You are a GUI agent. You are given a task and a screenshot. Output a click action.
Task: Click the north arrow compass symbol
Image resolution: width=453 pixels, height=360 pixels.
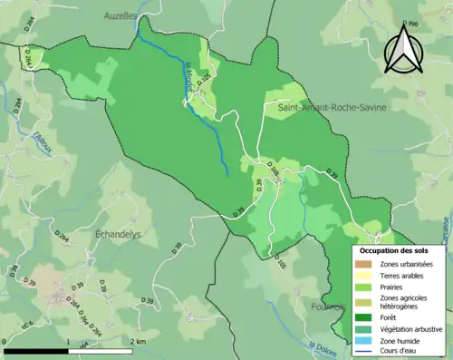[x=405, y=48]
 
